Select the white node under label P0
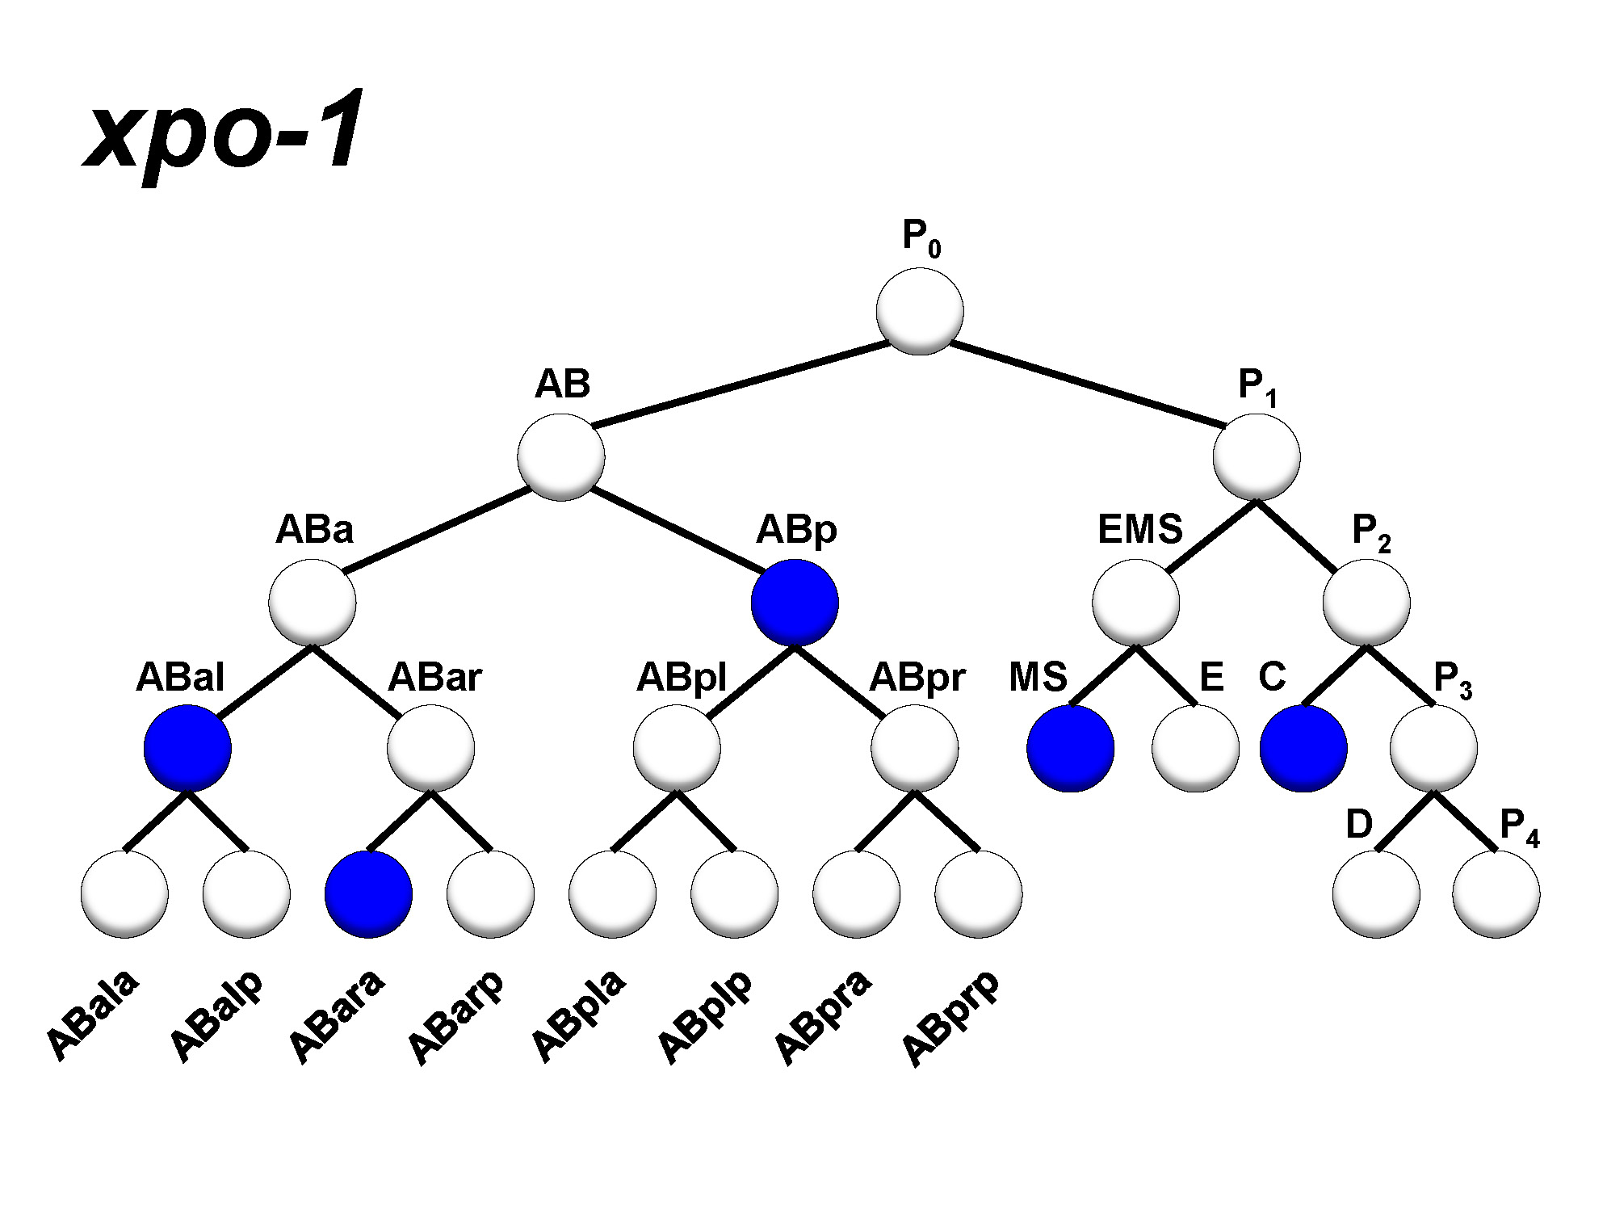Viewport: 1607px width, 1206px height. pyautogui.click(x=919, y=311)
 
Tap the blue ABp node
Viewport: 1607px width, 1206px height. pyautogui.click(x=795, y=603)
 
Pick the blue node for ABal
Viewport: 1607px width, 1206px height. pyautogui.click(x=187, y=748)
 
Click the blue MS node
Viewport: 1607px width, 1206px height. pyautogui.click(x=1070, y=748)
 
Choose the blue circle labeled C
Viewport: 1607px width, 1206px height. pyautogui.click(x=1303, y=748)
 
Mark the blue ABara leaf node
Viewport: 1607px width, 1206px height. pyautogui.click(x=368, y=894)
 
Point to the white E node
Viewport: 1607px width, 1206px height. pyautogui.click(x=1194, y=748)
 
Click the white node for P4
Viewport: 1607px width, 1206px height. pyautogui.click(x=1496, y=894)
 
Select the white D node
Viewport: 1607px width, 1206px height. pyautogui.click(x=1375, y=894)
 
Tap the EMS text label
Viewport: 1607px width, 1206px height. pyautogui.click(x=1139, y=530)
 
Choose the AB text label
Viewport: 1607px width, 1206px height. pyautogui.click(x=563, y=384)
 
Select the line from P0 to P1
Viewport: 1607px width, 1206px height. pyautogui.click(x=1086, y=384)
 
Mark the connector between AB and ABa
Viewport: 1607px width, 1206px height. pyautogui.click(x=436, y=529)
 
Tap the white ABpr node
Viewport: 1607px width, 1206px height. pyautogui.click(x=914, y=748)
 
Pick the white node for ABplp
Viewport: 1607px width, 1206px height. pyautogui.click(x=734, y=894)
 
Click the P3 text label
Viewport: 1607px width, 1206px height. pyautogui.click(x=1452, y=679)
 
